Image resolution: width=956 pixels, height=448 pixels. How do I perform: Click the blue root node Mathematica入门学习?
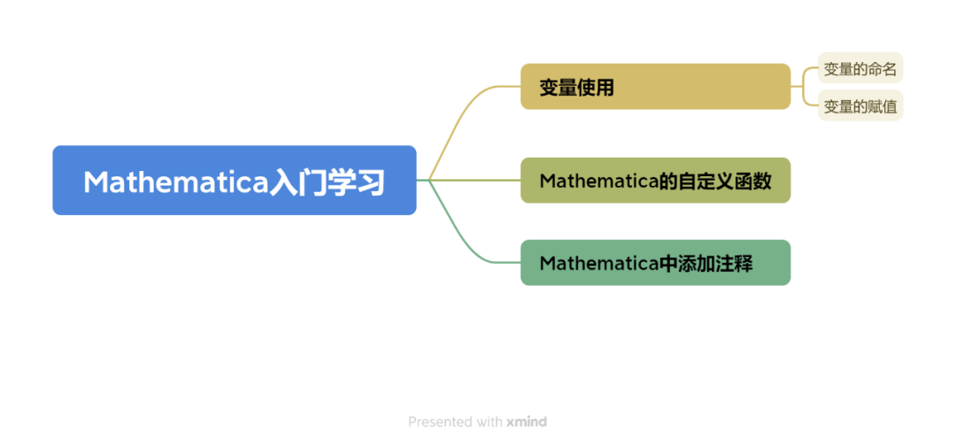pyautogui.click(x=234, y=181)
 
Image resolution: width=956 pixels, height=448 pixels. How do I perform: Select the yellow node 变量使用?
pyautogui.click(x=655, y=87)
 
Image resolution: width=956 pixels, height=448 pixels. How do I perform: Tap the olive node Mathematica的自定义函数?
pyautogui.click(x=655, y=181)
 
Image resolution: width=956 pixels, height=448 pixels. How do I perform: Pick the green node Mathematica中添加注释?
pyautogui.click(x=655, y=263)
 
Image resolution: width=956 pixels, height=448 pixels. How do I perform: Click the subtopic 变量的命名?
pyautogui.click(x=860, y=68)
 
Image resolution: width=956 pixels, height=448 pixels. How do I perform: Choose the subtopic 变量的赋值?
pyautogui.click(x=860, y=106)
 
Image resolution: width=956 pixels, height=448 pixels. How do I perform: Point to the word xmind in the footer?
pyautogui.click(x=527, y=422)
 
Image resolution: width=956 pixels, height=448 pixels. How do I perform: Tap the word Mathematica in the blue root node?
pyautogui.click(x=175, y=182)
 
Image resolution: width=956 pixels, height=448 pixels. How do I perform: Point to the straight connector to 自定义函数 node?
pyautogui.click(x=478, y=181)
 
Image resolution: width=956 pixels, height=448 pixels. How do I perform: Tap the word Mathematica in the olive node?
pyautogui.click(x=598, y=182)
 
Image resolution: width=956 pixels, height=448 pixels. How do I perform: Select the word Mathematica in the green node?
pyautogui.click(x=598, y=264)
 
